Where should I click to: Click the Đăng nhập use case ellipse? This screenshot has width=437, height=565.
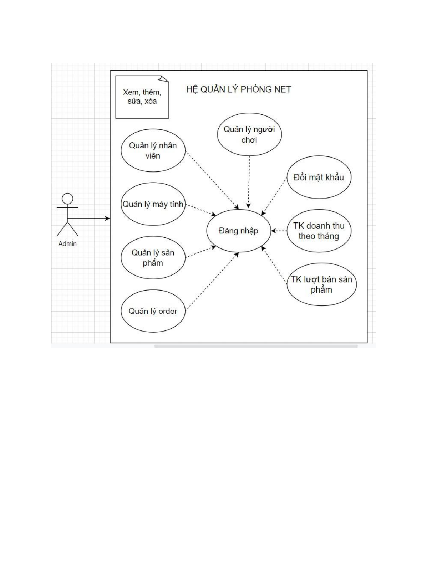click(238, 231)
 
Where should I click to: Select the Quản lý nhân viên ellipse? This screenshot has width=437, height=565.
click(153, 151)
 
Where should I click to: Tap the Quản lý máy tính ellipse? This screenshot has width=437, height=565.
click(153, 204)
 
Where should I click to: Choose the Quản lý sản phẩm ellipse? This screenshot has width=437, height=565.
click(153, 258)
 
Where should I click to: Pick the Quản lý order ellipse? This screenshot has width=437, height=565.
click(153, 311)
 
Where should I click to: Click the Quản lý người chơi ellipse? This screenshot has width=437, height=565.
click(249, 134)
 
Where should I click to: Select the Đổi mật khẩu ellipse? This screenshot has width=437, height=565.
click(319, 177)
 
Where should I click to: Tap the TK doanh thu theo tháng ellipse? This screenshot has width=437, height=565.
click(319, 231)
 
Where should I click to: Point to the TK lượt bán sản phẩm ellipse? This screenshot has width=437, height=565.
click(321, 284)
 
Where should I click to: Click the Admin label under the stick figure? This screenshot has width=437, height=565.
click(67, 244)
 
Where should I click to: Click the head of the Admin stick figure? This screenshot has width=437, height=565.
click(67, 199)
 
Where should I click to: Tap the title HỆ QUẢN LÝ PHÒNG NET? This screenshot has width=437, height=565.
click(239, 89)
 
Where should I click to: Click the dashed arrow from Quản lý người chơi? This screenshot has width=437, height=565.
click(249, 182)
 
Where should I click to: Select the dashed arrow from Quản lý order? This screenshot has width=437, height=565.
click(212, 282)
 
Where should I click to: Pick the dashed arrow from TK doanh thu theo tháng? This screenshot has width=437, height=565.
click(279, 231)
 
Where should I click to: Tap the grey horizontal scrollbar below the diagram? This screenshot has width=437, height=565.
click(256, 346)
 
